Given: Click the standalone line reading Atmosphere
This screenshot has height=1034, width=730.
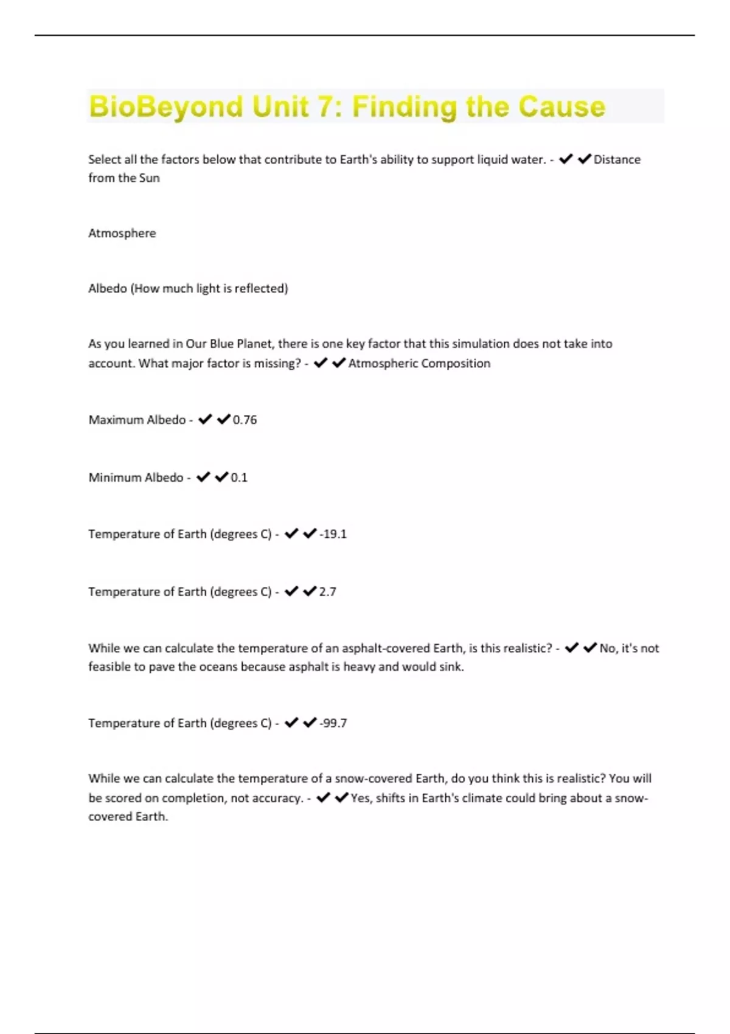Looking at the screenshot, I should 122,233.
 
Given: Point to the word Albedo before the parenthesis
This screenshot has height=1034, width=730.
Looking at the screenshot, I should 107,288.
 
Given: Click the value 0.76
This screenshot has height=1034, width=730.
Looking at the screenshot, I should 245,420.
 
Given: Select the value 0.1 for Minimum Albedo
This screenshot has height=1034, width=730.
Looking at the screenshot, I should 239,477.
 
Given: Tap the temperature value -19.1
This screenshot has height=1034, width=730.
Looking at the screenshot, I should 333,534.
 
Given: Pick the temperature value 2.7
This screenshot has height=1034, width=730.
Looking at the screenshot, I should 327,592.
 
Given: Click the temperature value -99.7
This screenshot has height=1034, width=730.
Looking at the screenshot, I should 333,723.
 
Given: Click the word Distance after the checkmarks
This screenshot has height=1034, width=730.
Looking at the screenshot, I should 617,159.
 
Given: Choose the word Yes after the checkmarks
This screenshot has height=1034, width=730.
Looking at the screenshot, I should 360,798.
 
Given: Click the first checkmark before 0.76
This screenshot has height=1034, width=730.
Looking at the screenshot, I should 205,419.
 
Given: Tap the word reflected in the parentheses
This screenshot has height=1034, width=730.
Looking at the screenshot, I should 260,288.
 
